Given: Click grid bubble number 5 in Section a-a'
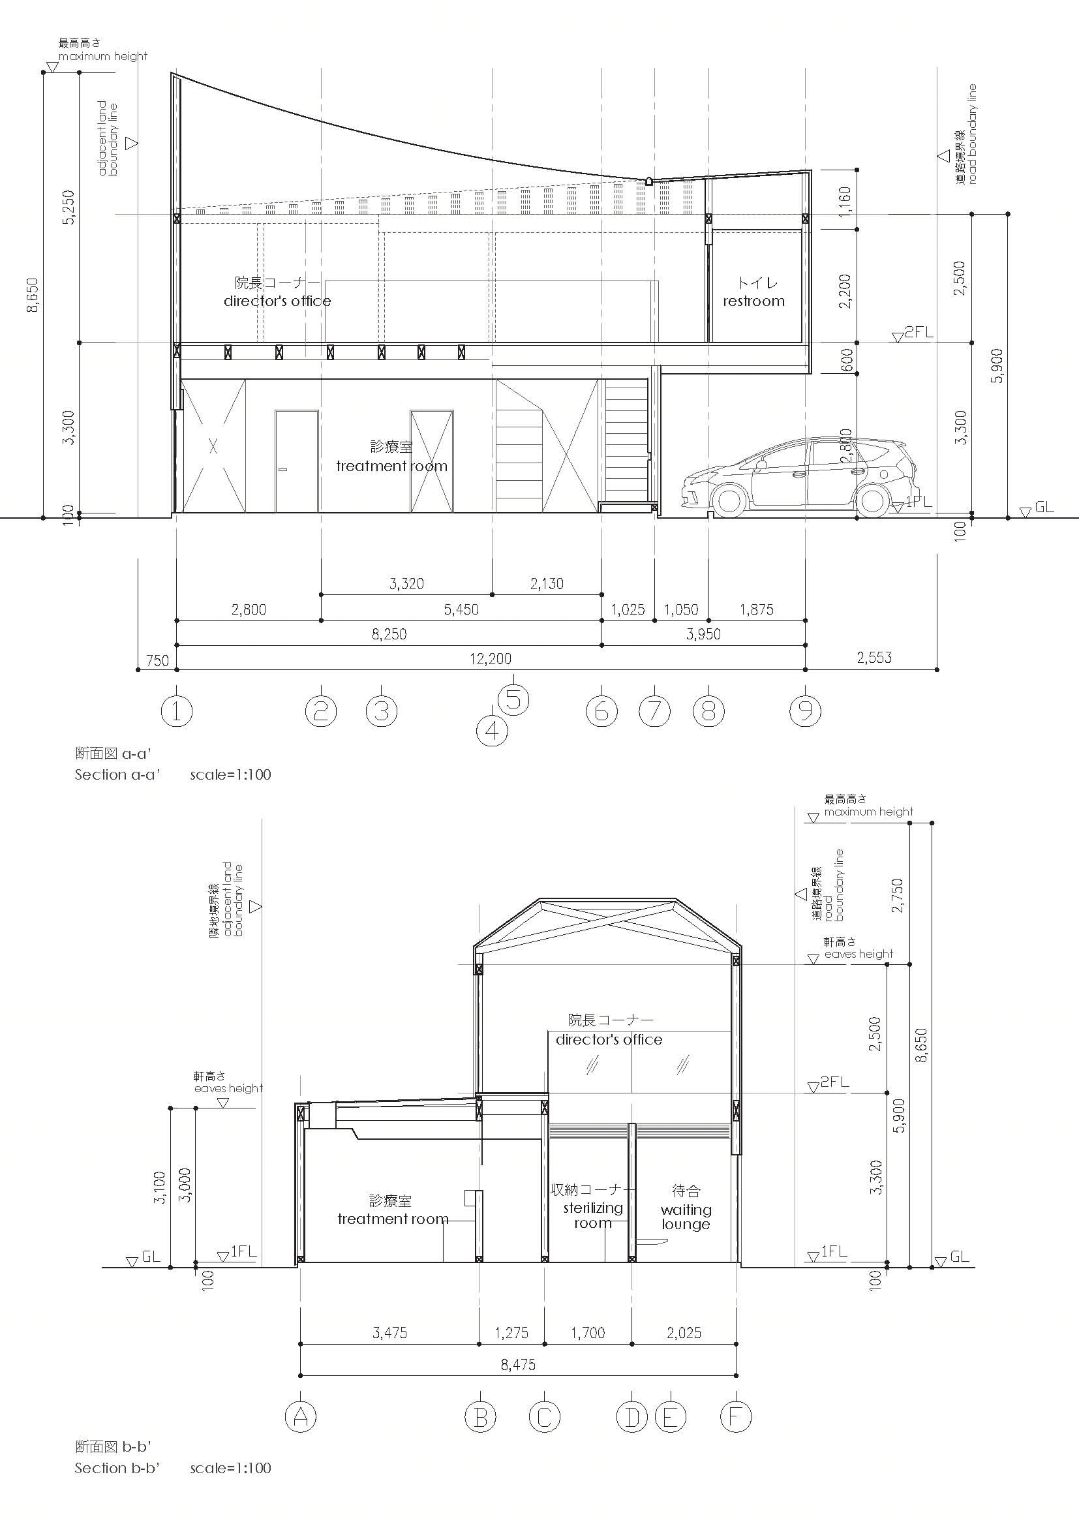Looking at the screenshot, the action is [513, 700].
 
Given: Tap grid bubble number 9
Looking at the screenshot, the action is [805, 712].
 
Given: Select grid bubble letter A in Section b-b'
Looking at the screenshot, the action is [300, 1418].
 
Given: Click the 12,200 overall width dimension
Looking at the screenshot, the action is [491, 659].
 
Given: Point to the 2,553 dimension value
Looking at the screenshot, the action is [874, 658].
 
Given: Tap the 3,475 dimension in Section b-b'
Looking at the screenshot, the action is [389, 1333].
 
